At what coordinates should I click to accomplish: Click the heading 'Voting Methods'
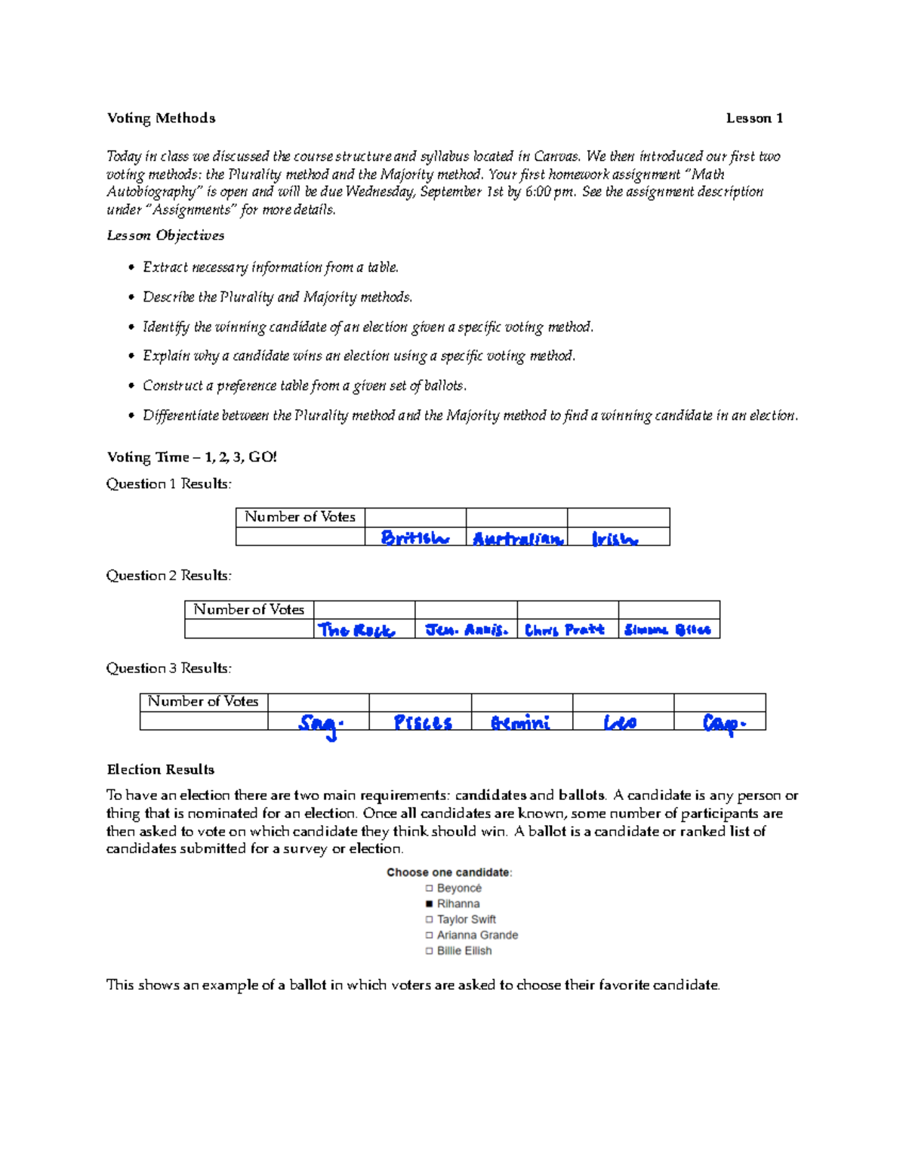point(161,118)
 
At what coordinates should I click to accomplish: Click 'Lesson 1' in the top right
point(753,118)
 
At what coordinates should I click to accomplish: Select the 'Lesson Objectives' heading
point(165,235)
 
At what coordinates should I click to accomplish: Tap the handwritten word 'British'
point(414,538)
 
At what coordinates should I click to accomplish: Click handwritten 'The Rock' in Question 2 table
point(356,630)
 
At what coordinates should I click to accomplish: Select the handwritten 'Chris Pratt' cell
point(564,630)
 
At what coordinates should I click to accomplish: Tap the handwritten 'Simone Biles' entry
point(667,630)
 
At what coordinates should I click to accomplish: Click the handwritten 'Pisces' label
point(422,723)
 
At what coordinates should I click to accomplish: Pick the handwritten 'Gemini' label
point(520,723)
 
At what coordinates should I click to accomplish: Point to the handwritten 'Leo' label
point(620,723)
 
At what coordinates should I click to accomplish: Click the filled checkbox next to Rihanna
point(430,904)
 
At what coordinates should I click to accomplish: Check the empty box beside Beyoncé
point(430,888)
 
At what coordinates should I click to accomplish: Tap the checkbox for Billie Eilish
point(430,951)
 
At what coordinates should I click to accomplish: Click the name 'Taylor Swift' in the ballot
point(466,919)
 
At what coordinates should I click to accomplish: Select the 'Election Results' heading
point(160,769)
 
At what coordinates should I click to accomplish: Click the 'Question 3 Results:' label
point(168,668)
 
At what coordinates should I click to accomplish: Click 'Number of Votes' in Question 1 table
point(300,517)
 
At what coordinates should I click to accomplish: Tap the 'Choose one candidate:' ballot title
point(449,872)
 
